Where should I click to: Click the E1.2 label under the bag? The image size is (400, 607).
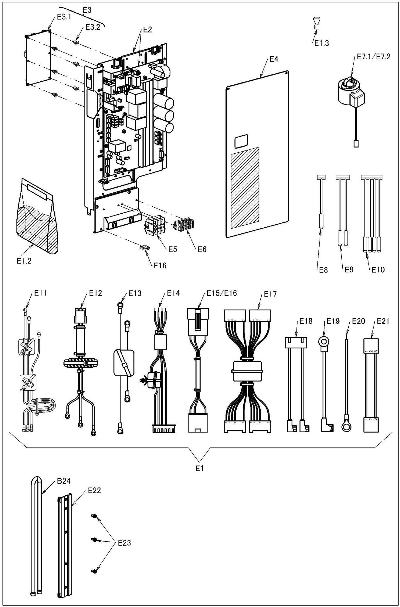(24, 261)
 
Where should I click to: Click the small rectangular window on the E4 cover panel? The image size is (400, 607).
(242, 141)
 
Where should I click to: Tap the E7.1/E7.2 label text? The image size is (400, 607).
(373, 57)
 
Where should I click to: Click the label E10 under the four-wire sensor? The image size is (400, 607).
(378, 270)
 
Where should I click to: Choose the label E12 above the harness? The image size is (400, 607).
(95, 293)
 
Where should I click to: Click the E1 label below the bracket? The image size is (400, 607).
(199, 468)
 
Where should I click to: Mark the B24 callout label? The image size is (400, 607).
(64, 481)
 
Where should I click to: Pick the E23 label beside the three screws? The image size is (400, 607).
(124, 543)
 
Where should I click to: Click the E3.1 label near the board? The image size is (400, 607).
(64, 17)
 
